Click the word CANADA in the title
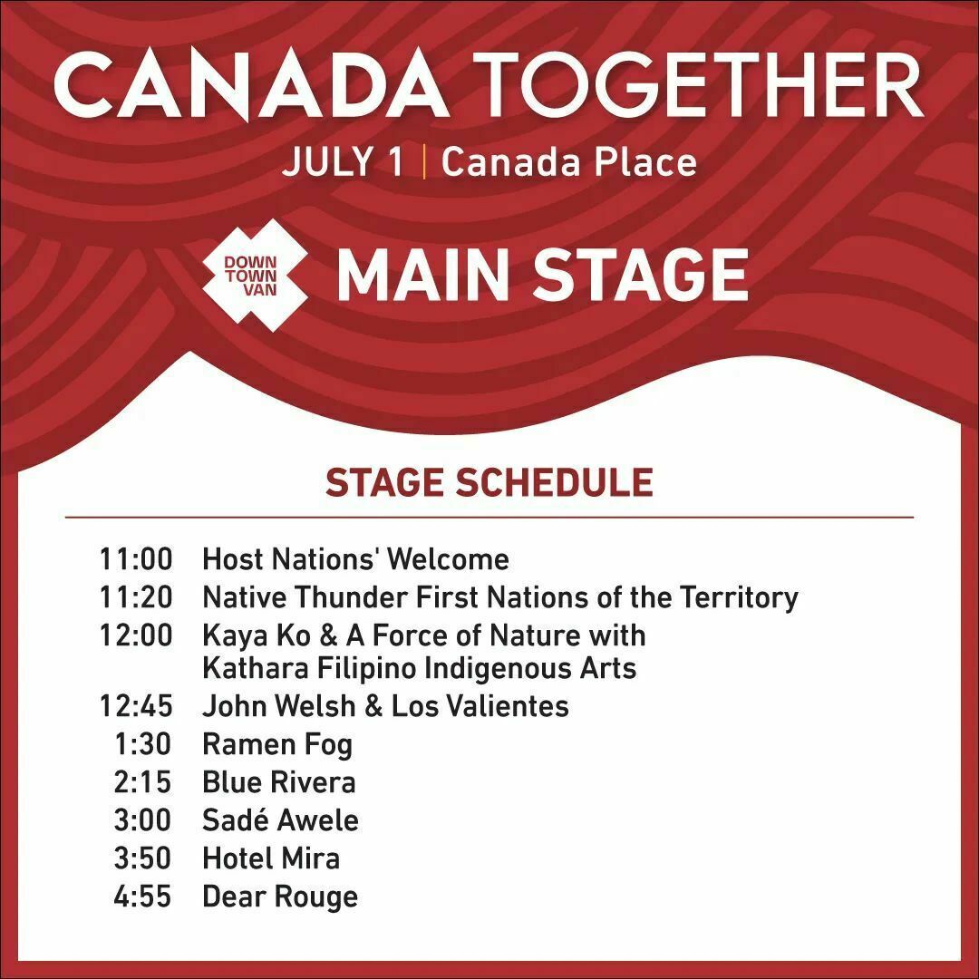[x=251, y=85]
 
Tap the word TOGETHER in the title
[x=697, y=85]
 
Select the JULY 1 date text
[x=344, y=162]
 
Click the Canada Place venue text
[x=568, y=161]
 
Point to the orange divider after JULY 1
[x=424, y=161]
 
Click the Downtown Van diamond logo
[x=255, y=276]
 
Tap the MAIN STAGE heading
[x=543, y=275]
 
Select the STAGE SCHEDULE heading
[x=489, y=482]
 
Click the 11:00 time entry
[x=136, y=558]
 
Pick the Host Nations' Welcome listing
[x=356, y=558]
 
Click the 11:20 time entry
[x=136, y=596]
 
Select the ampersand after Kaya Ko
[x=327, y=635]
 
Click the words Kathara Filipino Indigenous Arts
[x=420, y=668]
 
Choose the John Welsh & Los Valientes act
[x=386, y=706]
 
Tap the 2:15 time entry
[x=142, y=782]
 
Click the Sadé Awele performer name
[x=281, y=819]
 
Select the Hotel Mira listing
[x=272, y=858]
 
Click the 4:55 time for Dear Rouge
[x=142, y=897]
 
